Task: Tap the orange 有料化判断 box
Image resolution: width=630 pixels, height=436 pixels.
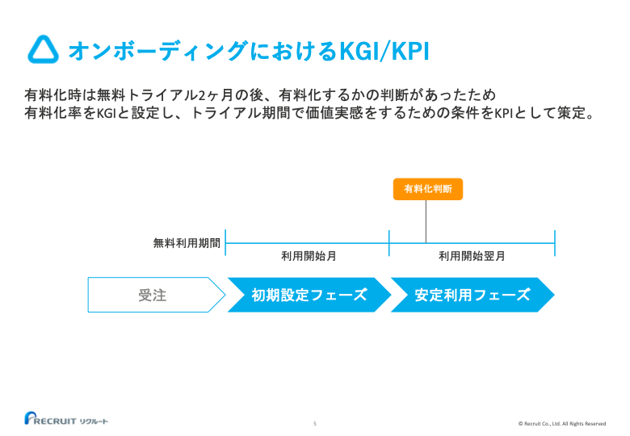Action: pyautogui.click(x=426, y=189)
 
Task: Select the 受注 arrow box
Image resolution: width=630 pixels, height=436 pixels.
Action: pyautogui.click(x=153, y=295)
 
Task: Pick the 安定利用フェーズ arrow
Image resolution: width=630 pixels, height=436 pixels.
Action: pyautogui.click(x=472, y=295)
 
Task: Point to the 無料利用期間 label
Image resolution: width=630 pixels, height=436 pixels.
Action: pyautogui.click(x=187, y=242)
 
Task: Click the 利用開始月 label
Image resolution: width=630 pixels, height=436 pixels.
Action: pyautogui.click(x=309, y=256)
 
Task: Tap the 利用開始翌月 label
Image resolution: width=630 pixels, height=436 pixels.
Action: pyautogui.click(x=472, y=256)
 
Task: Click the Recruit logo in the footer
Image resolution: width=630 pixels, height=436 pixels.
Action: pyautogui.click(x=65, y=419)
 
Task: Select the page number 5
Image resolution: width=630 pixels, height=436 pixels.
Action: pyautogui.click(x=315, y=423)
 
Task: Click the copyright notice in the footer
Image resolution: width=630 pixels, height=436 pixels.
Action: pyautogui.click(x=561, y=423)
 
